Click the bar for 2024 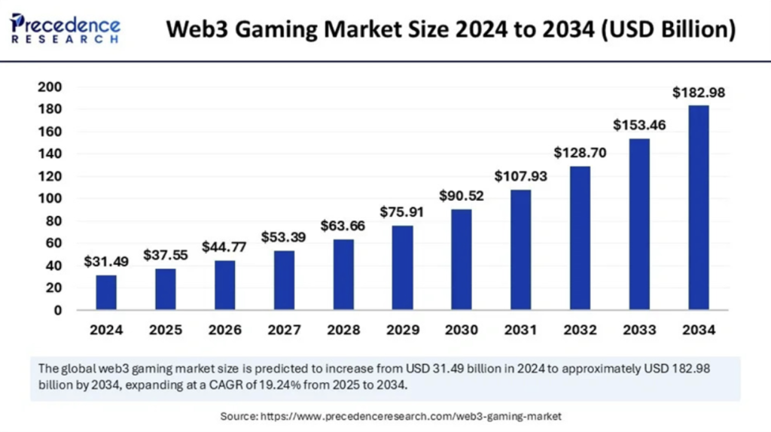click(x=106, y=292)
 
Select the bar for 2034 click(x=698, y=207)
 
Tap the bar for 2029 click(x=402, y=267)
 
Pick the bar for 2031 click(x=520, y=249)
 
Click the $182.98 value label click(x=698, y=93)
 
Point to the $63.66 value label click(x=343, y=225)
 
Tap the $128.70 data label click(x=580, y=152)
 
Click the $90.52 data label click(x=462, y=196)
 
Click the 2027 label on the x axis click(x=284, y=330)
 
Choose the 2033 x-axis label click(x=639, y=330)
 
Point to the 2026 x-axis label click(x=224, y=330)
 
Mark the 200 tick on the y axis click(x=48, y=87)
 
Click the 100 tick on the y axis click(x=48, y=199)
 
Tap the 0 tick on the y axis click(x=57, y=310)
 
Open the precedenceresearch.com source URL click(x=411, y=415)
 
